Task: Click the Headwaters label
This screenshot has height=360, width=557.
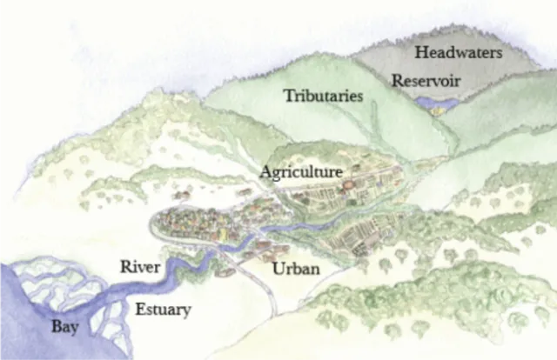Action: point(458,53)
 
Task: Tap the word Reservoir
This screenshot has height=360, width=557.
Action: point(425,81)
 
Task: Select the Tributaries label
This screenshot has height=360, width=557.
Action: point(323,97)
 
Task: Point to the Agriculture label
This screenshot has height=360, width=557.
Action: point(300,172)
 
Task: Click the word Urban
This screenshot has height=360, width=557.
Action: point(296,269)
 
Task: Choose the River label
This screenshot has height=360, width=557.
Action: point(140,267)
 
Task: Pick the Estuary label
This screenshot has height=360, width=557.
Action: point(163,309)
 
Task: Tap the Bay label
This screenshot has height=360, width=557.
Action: point(64,329)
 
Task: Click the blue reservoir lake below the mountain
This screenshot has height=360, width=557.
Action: point(437,104)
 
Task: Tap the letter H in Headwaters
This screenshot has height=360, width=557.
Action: point(420,53)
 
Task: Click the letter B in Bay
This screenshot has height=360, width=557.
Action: point(55,328)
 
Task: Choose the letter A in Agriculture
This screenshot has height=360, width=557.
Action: point(265,172)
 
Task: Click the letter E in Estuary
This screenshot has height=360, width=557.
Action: point(139,309)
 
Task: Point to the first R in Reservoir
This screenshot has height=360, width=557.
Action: point(396,81)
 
